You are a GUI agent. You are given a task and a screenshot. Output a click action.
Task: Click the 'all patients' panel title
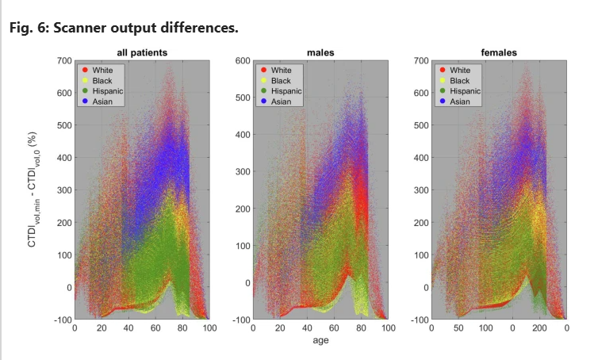pos(142,53)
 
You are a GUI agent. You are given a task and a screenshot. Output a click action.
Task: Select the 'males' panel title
pos(320,53)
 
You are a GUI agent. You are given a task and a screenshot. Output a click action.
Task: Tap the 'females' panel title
pos(499,53)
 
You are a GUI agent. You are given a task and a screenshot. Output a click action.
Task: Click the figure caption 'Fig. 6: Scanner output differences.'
pos(124,29)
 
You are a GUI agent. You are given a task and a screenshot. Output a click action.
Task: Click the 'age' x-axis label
pos(320,342)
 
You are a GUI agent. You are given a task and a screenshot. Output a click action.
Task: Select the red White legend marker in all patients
pos(84,70)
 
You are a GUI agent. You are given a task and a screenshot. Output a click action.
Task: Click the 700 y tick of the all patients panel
pos(64,60)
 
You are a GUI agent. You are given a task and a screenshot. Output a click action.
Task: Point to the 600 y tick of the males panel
pos(243,60)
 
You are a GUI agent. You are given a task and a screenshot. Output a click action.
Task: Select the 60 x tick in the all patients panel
pos(155,327)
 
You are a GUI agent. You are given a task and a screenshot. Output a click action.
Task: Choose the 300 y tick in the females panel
pos(421,190)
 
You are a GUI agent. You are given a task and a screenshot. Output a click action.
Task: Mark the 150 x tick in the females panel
pos(513,327)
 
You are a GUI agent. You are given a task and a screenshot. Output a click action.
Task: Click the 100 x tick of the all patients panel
pos(209,327)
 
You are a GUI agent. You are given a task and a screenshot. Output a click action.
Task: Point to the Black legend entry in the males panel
pos(281,80)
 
